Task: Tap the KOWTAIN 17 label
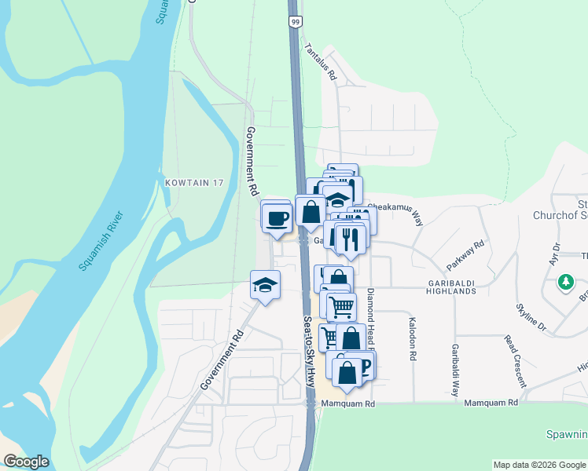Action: pos(194,183)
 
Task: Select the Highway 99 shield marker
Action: pos(294,22)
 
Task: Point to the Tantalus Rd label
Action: pos(321,62)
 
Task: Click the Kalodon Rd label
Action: pos(413,338)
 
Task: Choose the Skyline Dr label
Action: pos(531,315)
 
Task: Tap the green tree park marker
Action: pos(564,282)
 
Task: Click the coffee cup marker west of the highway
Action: pos(278,217)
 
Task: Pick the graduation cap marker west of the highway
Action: pos(266,286)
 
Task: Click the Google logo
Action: pos(26,462)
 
